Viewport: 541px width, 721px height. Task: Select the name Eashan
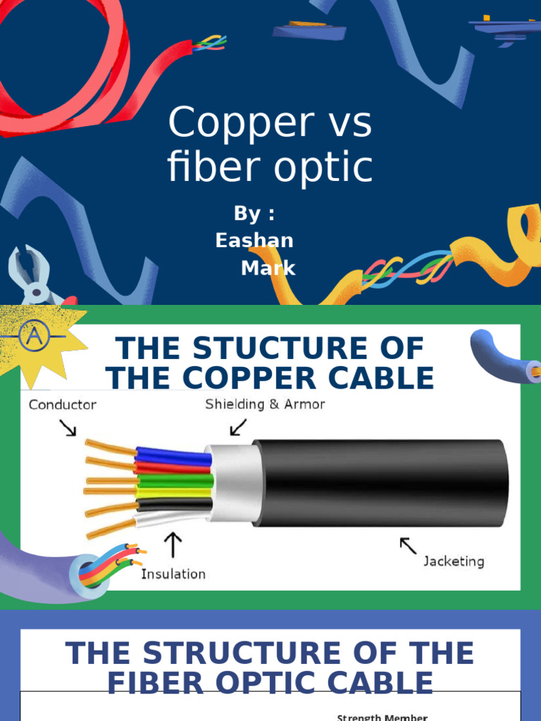pyautogui.click(x=254, y=240)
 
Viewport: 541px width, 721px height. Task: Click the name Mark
pyautogui.click(x=268, y=268)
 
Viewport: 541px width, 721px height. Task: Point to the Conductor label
pyautogui.click(x=63, y=405)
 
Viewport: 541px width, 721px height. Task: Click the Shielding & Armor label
pyautogui.click(x=265, y=404)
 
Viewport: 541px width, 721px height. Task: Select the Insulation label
pyautogui.click(x=173, y=574)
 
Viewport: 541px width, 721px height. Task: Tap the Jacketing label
pyautogui.click(x=454, y=561)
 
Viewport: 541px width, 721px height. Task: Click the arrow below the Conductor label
pyautogui.click(x=68, y=428)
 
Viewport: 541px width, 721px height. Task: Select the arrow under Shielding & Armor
pyautogui.click(x=238, y=427)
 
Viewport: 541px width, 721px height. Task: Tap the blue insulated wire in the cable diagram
pyautogui.click(x=173, y=456)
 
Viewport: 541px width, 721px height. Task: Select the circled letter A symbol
pyautogui.click(x=32, y=337)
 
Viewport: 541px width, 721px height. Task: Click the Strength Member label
pyautogui.click(x=382, y=717)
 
